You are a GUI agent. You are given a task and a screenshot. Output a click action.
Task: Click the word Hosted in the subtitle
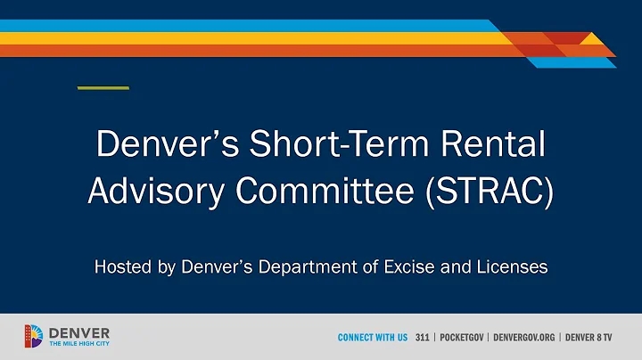pyautogui.click(x=124, y=267)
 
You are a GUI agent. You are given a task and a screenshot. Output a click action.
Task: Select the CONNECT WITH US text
pyautogui.click(x=372, y=338)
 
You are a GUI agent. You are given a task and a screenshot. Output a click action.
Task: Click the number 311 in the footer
pyautogui.click(x=423, y=338)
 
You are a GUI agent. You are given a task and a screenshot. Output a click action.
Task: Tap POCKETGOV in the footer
pyautogui.click(x=462, y=338)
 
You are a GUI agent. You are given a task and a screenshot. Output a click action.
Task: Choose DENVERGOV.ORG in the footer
pyautogui.click(x=524, y=338)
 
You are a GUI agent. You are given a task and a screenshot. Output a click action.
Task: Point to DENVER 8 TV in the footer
pyautogui.click(x=591, y=338)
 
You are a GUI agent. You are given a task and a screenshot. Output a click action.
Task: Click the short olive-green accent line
pyautogui.click(x=103, y=87)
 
